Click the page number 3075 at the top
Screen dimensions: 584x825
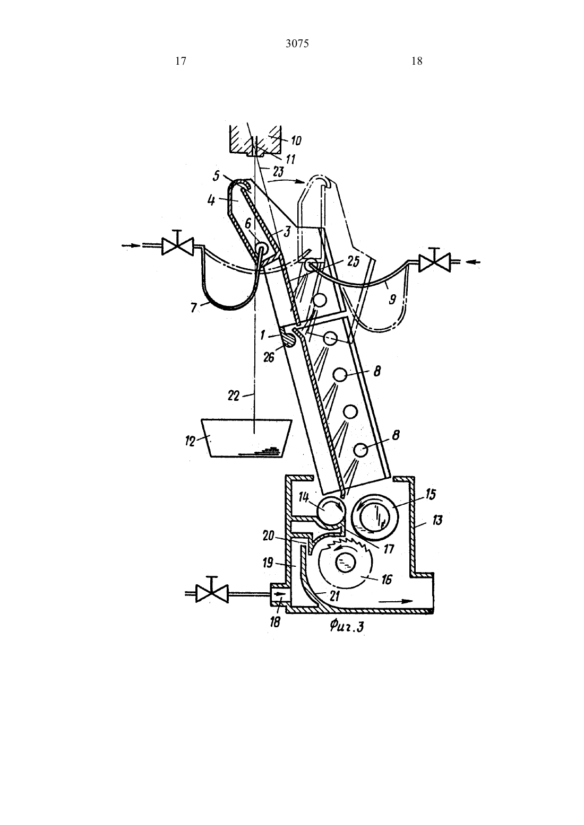297,44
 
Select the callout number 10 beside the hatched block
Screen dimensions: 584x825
296,141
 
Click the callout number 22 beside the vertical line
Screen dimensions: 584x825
234,396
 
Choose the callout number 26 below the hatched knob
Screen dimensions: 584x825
269,357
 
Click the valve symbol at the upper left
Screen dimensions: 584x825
178,245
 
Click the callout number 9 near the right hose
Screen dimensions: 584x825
392,299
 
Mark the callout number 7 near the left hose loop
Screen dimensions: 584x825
194,308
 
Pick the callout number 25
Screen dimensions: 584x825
353,262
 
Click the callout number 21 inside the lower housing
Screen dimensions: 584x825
334,595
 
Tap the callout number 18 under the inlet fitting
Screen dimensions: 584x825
275,622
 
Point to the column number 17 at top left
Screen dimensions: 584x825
181,61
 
